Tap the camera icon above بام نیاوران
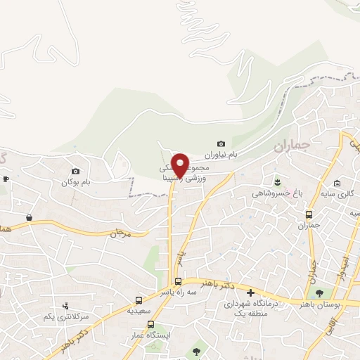(x=221, y=143)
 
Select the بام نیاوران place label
(x=221, y=154)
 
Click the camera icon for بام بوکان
(x=76, y=171)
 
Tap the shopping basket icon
(x=29, y=218)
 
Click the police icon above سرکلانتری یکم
(x=65, y=306)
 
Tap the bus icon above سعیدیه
(x=139, y=300)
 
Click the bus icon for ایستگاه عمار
(x=150, y=325)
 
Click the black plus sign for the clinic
(x=250, y=292)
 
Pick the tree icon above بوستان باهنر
(x=321, y=294)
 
